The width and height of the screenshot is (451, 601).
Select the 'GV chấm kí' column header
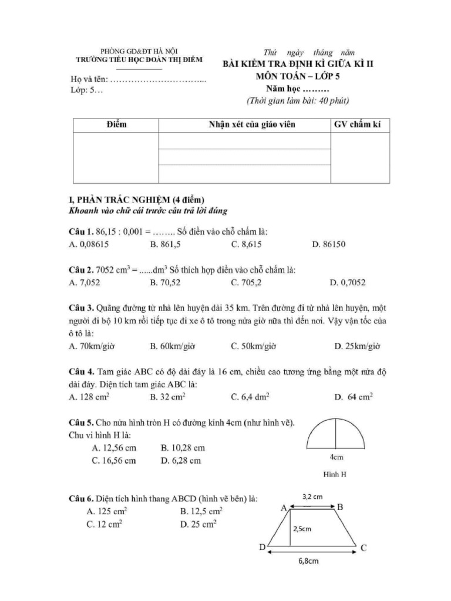pyautogui.click(x=358, y=125)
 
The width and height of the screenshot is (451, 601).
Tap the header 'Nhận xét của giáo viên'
pyautogui.click(x=245, y=125)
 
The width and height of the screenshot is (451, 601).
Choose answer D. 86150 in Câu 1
pyautogui.click(x=329, y=244)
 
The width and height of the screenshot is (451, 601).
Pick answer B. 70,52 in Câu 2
pyautogui.click(x=169, y=283)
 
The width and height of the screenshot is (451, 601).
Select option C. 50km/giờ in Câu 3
pyautogui.click(x=254, y=346)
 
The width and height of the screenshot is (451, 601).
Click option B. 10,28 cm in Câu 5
pyautogui.click(x=183, y=448)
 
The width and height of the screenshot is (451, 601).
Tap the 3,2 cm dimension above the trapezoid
pyautogui.click(x=312, y=497)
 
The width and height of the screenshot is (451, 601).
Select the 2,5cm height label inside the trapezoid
pyautogui.click(x=302, y=528)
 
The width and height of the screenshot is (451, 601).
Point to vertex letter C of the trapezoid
pyautogui.click(x=364, y=548)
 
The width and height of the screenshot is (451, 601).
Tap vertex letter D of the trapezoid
pyautogui.click(x=262, y=547)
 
